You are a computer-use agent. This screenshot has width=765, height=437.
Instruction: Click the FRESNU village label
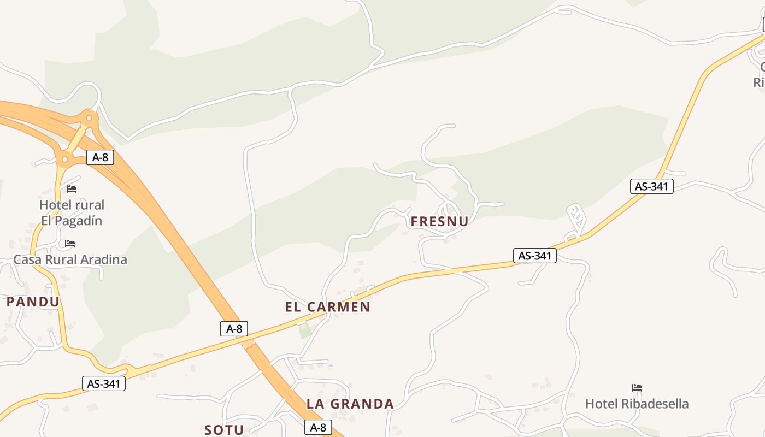tap(439, 221)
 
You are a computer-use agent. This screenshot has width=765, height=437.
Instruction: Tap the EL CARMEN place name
tap(328, 307)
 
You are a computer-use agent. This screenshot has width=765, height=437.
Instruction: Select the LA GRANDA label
tap(350, 404)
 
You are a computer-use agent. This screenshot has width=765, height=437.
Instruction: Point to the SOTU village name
tap(224, 430)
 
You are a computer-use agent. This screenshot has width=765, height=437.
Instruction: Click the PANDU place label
tap(33, 302)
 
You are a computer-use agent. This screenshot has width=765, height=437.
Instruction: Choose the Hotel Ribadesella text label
tap(637, 404)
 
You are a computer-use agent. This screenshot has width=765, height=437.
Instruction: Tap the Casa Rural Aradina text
tap(70, 259)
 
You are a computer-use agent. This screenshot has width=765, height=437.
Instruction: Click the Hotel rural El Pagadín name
tap(72, 212)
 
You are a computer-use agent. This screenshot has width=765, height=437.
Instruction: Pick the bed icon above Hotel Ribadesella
tap(637, 388)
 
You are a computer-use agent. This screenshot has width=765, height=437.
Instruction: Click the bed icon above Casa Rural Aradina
tap(70, 244)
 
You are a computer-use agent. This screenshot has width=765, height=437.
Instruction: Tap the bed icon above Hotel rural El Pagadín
tap(72, 189)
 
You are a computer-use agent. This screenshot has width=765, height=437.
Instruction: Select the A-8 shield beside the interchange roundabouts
tap(100, 158)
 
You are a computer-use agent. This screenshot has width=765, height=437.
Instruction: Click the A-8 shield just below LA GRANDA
tap(318, 427)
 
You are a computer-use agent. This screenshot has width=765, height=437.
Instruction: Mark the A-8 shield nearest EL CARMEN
tap(234, 329)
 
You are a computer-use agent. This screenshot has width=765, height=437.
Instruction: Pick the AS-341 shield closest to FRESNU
tap(534, 255)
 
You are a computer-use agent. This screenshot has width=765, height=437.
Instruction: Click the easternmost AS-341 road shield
tap(651, 186)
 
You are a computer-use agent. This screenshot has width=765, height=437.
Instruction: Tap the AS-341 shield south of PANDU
tap(104, 383)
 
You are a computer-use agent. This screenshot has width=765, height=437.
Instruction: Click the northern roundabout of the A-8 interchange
tap(88, 117)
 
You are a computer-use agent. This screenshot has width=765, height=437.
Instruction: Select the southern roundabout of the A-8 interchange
tap(64, 160)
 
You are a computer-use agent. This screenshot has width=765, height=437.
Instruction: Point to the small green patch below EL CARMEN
tap(304, 331)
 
